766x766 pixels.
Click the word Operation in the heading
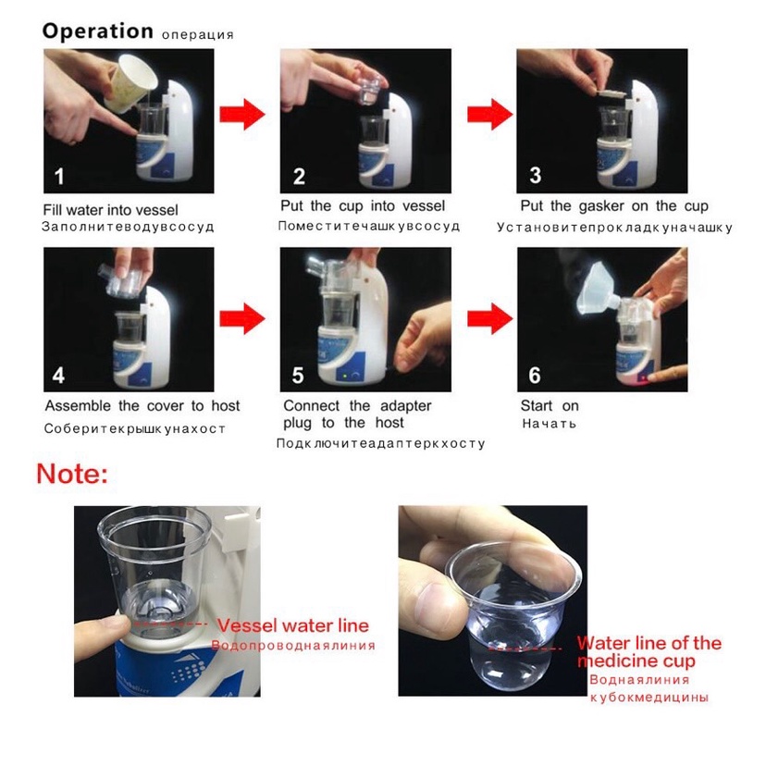tap(98, 31)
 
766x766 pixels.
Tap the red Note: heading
tap(72, 474)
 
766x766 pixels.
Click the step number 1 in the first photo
tap(59, 177)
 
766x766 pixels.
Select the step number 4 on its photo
tap(58, 376)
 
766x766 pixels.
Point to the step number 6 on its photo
tap(535, 376)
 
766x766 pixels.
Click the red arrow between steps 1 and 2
tap(242, 115)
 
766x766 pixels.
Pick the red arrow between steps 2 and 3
tap(490, 115)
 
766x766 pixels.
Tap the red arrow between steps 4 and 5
tap(242, 318)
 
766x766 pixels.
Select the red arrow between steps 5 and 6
tap(490, 318)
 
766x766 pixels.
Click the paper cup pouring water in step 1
tap(130, 84)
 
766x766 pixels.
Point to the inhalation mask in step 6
tap(599, 289)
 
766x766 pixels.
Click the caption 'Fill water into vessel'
tap(110, 210)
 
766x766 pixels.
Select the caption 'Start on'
tap(550, 406)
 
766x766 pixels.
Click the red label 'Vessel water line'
tap(293, 625)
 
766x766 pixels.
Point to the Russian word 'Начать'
tap(550, 424)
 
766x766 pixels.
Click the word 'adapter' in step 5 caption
tap(405, 406)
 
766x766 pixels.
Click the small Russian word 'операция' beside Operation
tap(198, 35)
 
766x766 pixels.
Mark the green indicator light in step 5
tap(345, 377)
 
